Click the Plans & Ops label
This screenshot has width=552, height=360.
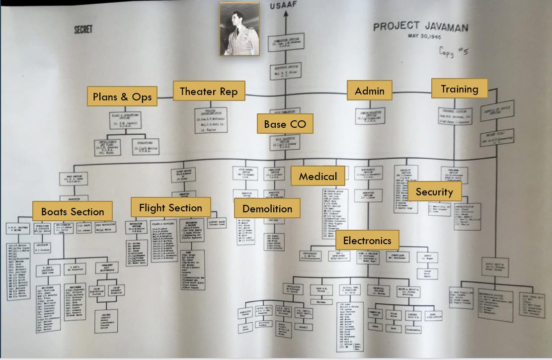[122, 96]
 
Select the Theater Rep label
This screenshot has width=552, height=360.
[209, 91]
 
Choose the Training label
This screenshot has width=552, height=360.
[460, 89]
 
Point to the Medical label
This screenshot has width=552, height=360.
[317, 176]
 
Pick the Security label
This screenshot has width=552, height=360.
[434, 191]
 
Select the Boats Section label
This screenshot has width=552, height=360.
[73, 211]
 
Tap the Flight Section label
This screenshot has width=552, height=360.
[170, 207]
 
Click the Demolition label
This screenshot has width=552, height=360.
[267, 208]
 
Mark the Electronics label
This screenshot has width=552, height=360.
[367, 241]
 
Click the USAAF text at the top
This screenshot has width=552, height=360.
[286, 6]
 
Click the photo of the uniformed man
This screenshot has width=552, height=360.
[239, 28]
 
